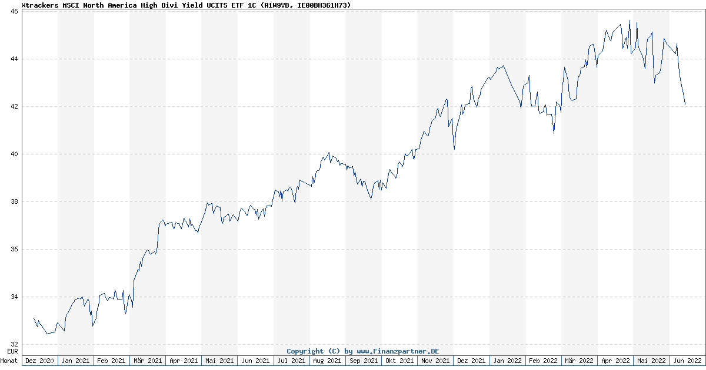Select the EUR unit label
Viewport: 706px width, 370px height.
point(12,351)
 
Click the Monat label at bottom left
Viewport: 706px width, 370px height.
point(9,361)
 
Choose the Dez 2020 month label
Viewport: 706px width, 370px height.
point(40,361)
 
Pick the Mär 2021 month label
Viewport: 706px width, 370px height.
point(148,361)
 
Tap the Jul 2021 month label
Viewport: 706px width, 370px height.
point(291,361)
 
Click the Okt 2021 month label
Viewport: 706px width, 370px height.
point(399,361)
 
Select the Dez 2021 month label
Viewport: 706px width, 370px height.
point(471,361)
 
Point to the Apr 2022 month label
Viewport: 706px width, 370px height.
point(615,361)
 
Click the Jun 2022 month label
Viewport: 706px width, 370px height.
point(687,361)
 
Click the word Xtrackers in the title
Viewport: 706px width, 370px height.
point(40,5)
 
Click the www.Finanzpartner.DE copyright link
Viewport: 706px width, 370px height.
point(398,351)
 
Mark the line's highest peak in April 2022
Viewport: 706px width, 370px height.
point(630,21)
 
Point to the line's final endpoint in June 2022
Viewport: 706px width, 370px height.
point(685,104)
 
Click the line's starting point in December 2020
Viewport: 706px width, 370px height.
point(34,318)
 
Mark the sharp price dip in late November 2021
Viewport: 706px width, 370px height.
point(454,149)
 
